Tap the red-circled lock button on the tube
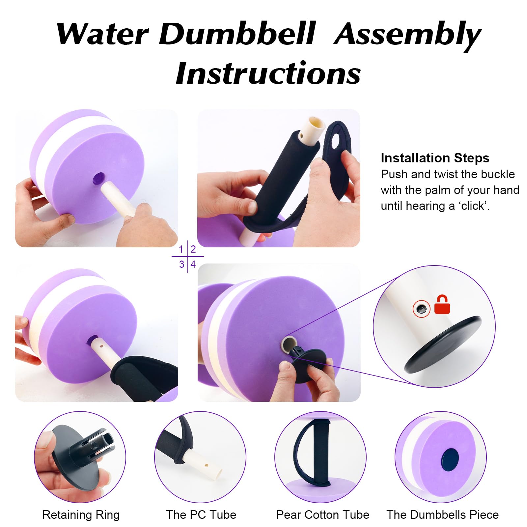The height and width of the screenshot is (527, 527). click(x=421, y=309)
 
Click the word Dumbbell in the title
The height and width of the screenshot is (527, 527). click(x=237, y=34)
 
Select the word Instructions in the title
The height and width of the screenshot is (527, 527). click(x=268, y=73)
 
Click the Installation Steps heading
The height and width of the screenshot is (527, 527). click(x=435, y=158)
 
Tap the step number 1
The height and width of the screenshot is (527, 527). click(x=181, y=249)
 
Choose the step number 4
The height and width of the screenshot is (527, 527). click(x=193, y=264)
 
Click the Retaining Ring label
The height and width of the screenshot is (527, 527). click(x=81, y=514)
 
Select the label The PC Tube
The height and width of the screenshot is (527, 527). click(x=201, y=514)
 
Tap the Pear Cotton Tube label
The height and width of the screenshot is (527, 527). click(x=323, y=514)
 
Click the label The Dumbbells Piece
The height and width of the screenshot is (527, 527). click(x=443, y=514)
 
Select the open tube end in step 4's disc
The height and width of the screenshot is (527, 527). click(x=287, y=344)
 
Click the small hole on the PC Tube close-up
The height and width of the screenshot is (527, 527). click(x=206, y=465)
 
